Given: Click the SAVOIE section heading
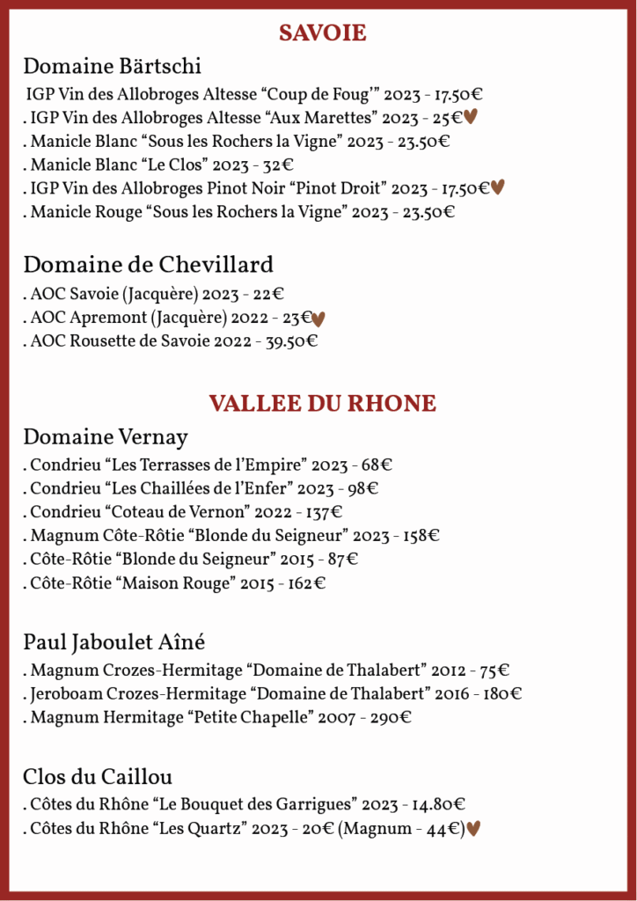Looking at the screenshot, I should (x=322, y=33).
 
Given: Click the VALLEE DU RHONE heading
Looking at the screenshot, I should (x=322, y=404).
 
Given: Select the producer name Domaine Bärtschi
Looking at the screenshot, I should (x=112, y=66).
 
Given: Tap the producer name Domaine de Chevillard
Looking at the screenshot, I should (x=148, y=265).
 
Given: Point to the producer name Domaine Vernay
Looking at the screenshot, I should (x=105, y=437).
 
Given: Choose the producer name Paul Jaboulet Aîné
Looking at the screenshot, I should (x=113, y=641).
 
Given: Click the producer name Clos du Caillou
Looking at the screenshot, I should (x=97, y=777).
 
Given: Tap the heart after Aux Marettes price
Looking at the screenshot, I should (x=470, y=117).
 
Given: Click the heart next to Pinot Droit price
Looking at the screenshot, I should (x=497, y=187).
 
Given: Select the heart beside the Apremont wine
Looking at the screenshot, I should (x=319, y=319).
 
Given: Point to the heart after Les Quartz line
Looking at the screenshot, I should (x=473, y=828).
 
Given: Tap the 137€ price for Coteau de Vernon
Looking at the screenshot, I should (x=324, y=511).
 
